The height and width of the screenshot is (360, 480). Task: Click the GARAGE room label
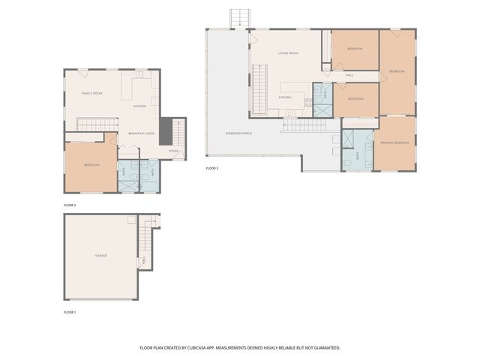tap(100, 256)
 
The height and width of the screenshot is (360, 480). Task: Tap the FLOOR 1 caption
tap(70, 311)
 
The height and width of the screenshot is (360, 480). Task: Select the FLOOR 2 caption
tap(70, 205)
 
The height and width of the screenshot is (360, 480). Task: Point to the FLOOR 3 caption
tap(212, 169)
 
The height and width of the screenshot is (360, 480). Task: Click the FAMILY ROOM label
tap(92, 94)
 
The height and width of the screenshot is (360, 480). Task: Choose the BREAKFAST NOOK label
tap(141, 133)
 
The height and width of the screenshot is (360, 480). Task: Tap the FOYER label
tap(173, 151)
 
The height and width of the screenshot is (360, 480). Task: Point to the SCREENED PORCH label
tap(238, 133)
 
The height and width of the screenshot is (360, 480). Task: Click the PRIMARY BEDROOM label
tap(394, 142)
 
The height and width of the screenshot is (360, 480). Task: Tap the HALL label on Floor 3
tap(349, 75)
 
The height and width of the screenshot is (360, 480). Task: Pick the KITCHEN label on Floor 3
tap(285, 97)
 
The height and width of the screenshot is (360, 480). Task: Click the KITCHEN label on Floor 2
tap(139, 106)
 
